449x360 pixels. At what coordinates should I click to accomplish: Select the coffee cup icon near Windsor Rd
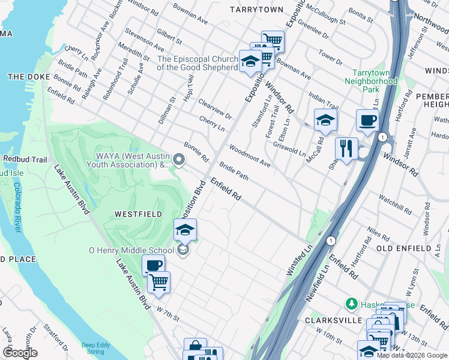(367, 120)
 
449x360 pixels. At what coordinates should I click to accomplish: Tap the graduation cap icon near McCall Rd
(325, 119)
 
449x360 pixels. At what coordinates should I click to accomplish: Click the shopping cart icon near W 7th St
(158, 282)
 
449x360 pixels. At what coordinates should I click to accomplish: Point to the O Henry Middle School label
(131, 250)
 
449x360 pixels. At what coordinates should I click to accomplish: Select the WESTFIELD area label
(131, 214)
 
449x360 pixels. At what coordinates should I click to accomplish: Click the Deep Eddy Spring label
(97, 348)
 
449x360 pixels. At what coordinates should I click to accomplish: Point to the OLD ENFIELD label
(404, 248)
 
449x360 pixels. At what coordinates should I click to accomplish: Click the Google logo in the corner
(20, 352)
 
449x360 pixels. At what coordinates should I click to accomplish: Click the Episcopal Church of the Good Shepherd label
(197, 63)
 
